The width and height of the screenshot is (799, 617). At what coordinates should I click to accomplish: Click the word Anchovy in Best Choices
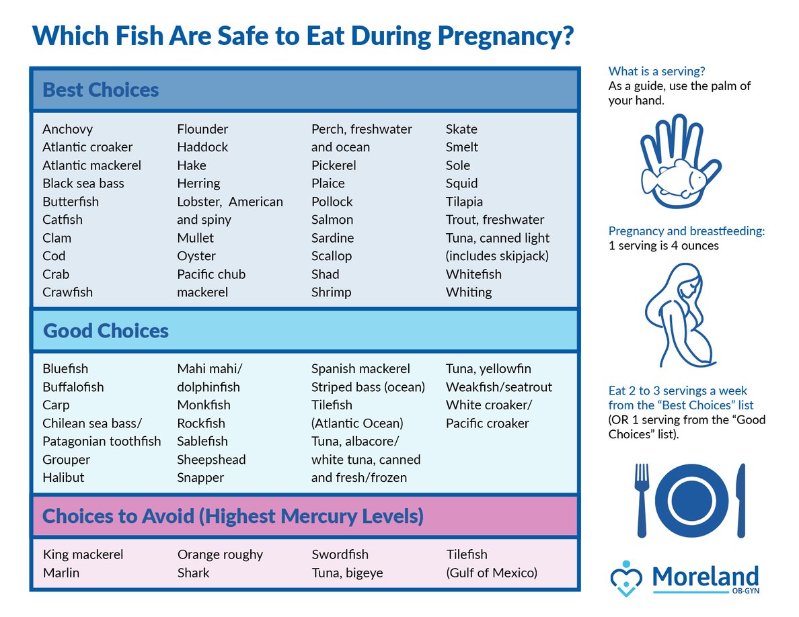(x=67, y=129)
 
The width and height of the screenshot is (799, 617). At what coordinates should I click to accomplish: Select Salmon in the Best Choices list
(x=332, y=220)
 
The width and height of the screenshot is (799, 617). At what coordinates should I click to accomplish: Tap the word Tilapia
(x=464, y=202)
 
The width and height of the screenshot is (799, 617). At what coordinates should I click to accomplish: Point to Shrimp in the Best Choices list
(x=332, y=292)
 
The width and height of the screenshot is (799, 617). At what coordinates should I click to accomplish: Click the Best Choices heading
(x=101, y=90)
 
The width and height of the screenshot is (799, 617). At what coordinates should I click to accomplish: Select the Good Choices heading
(x=106, y=331)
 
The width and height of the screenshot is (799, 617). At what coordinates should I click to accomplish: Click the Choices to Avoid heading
(x=233, y=516)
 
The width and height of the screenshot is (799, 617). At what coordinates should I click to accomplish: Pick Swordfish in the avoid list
(x=340, y=555)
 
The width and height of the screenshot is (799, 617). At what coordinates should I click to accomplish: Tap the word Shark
(x=193, y=573)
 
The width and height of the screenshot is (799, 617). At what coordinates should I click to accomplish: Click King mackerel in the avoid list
(x=83, y=555)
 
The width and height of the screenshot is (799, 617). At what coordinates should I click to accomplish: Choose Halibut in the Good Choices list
(x=63, y=478)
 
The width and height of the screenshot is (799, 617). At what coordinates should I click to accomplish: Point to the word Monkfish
(x=204, y=405)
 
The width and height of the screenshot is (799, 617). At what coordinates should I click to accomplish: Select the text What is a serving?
(x=656, y=71)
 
